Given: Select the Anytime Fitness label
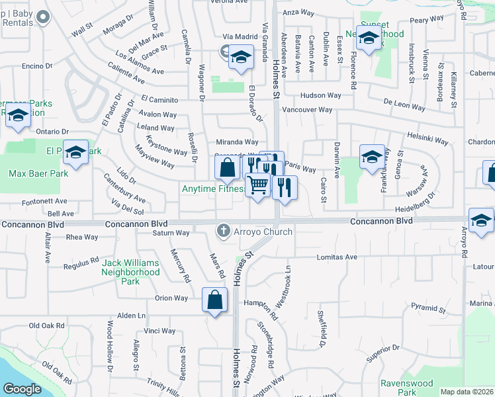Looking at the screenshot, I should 213,189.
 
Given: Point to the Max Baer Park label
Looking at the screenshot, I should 38,174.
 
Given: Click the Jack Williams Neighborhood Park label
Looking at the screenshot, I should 131,271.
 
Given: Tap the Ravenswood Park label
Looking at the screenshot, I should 406,388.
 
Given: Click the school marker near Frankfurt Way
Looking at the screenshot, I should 373,157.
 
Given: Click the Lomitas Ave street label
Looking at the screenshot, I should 337,257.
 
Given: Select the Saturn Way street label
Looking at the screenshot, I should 171,233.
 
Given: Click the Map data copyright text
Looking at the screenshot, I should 467,392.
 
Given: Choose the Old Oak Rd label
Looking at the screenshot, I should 47,326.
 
